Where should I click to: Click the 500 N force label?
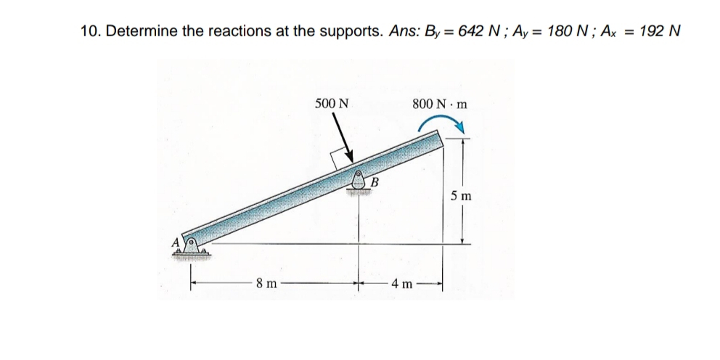tap(332, 103)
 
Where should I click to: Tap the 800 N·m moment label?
tap(440, 104)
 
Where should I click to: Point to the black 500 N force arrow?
tap(342, 137)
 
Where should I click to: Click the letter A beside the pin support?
tap(176, 242)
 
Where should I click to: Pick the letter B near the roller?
tap(375, 181)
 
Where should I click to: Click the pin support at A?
tap(192, 247)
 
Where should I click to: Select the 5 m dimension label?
tap(461, 196)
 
